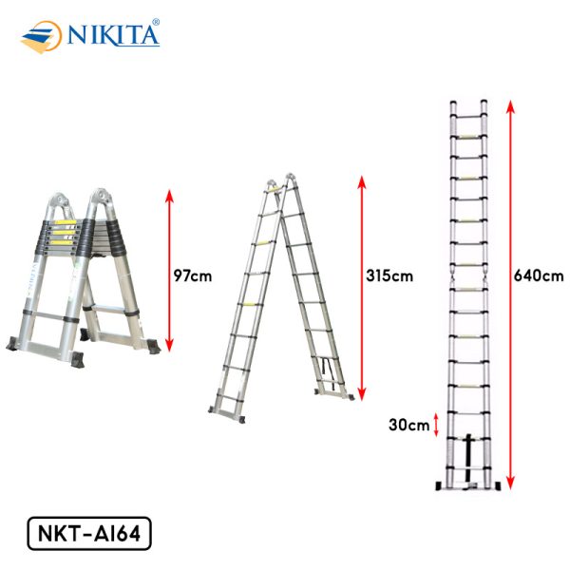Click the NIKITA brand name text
tap(113, 36)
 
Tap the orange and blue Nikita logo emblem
tap(42, 37)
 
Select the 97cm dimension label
tap(193, 275)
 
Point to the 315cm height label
tap(389, 275)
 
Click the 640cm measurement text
tap(539, 275)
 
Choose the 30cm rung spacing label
tap(408, 425)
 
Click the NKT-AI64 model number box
tap(89, 533)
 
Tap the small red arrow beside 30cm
tap(437, 425)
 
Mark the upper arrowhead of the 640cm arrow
tap(510, 106)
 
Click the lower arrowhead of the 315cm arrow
tap(361, 394)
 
